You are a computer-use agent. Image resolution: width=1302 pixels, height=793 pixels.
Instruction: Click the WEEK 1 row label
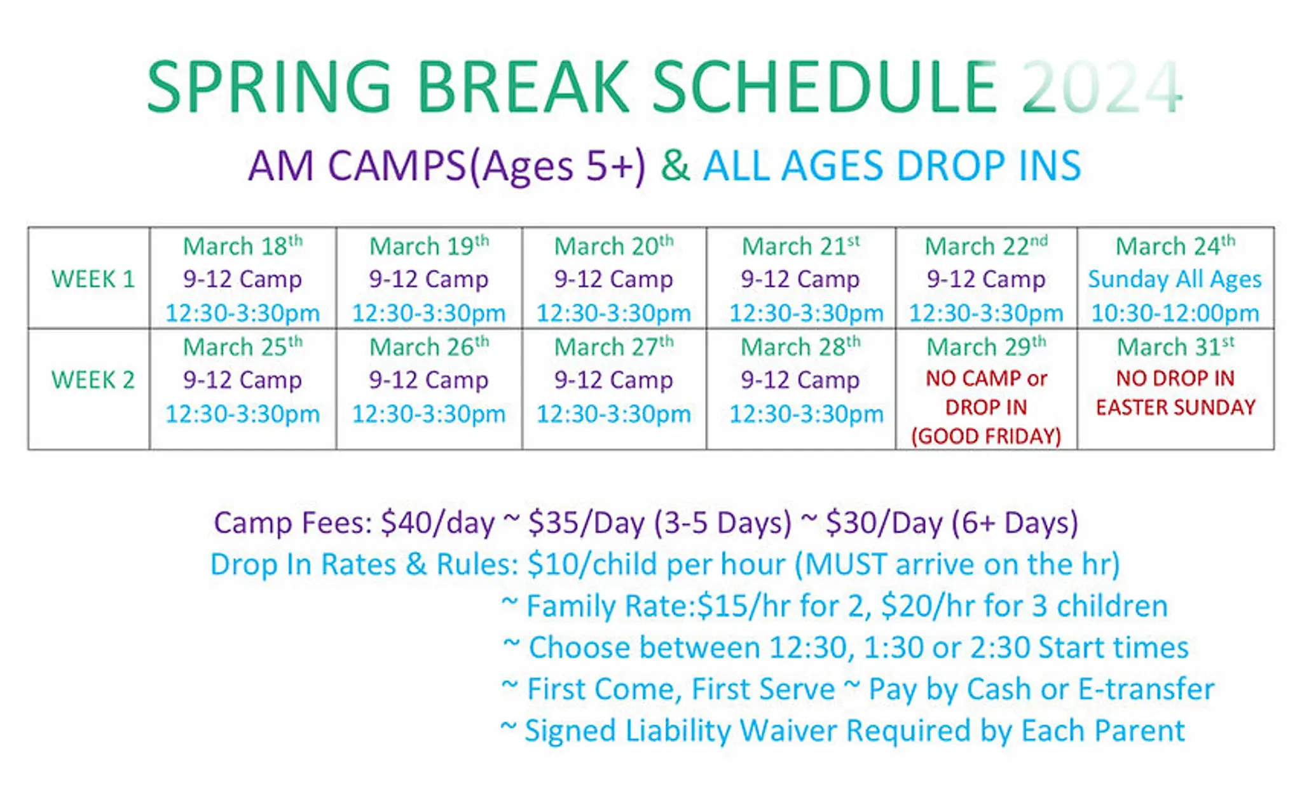pyautogui.click(x=93, y=279)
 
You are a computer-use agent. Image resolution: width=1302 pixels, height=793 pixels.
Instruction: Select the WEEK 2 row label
pyautogui.click(x=93, y=380)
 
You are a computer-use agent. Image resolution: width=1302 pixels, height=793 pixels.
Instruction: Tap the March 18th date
pyautogui.click(x=243, y=245)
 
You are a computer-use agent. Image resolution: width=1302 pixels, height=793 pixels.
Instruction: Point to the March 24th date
pyautogui.click(x=1175, y=245)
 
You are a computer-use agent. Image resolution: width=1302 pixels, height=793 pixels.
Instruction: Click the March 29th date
pyautogui.click(x=986, y=346)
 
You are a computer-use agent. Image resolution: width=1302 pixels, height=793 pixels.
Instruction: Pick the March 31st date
pyautogui.click(x=1175, y=346)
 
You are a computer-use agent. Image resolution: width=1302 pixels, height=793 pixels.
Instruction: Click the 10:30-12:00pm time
pyautogui.click(x=1175, y=313)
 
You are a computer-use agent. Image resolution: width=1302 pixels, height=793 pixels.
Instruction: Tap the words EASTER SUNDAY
pyautogui.click(x=1175, y=407)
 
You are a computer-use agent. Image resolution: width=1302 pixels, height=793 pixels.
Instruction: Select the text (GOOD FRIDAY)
pyautogui.click(x=986, y=437)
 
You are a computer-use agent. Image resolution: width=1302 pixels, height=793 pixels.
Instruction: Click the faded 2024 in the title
pyautogui.click(x=1102, y=87)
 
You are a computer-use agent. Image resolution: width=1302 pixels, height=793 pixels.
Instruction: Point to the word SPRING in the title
pyautogui.click(x=269, y=87)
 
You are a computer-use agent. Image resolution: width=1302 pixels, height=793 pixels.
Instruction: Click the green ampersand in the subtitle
pyautogui.click(x=675, y=166)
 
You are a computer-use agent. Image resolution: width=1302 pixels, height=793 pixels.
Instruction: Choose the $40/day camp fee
pyautogui.click(x=437, y=523)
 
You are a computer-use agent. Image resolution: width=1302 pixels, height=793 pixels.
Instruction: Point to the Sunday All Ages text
pyautogui.click(x=1175, y=279)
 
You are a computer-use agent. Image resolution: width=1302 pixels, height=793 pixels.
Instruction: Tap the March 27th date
pyautogui.click(x=614, y=346)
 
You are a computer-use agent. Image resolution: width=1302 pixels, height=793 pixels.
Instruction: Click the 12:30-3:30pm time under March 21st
pyautogui.click(x=806, y=313)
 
